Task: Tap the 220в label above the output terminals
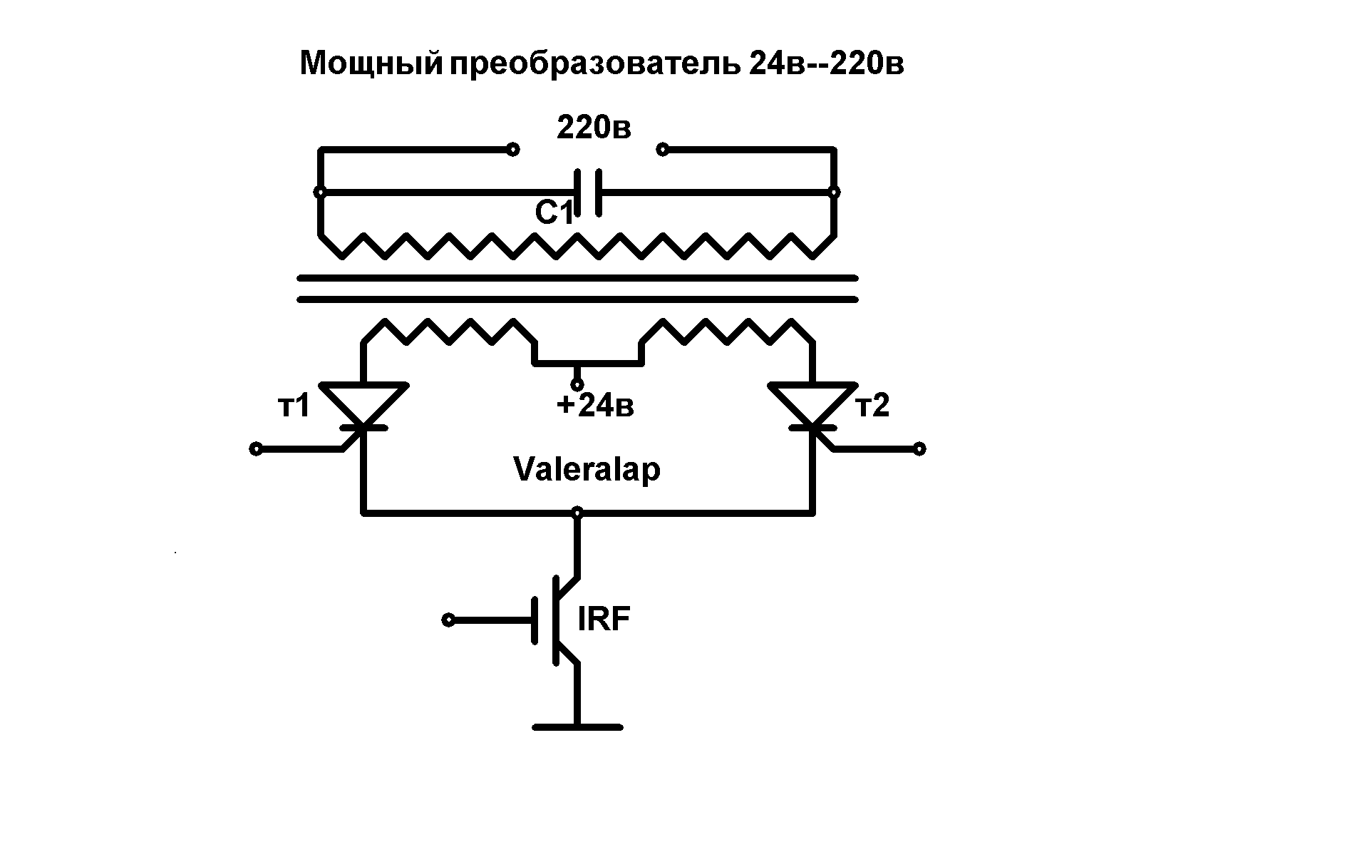(593, 128)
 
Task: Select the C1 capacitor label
(554, 212)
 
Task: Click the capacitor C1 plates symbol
(589, 192)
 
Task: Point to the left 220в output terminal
(512, 150)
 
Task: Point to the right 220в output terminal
(663, 150)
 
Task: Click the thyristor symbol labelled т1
(363, 406)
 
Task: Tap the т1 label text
(293, 406)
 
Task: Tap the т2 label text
(873, 406)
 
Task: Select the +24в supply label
(595, 406)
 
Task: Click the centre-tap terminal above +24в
(577, 384)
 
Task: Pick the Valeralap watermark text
(587, 470)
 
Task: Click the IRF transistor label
(604, 620)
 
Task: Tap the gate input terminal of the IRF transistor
(448, 620)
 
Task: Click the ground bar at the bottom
(577, 727)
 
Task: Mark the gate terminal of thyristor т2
(919, 448)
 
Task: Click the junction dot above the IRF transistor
(577, 512)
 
